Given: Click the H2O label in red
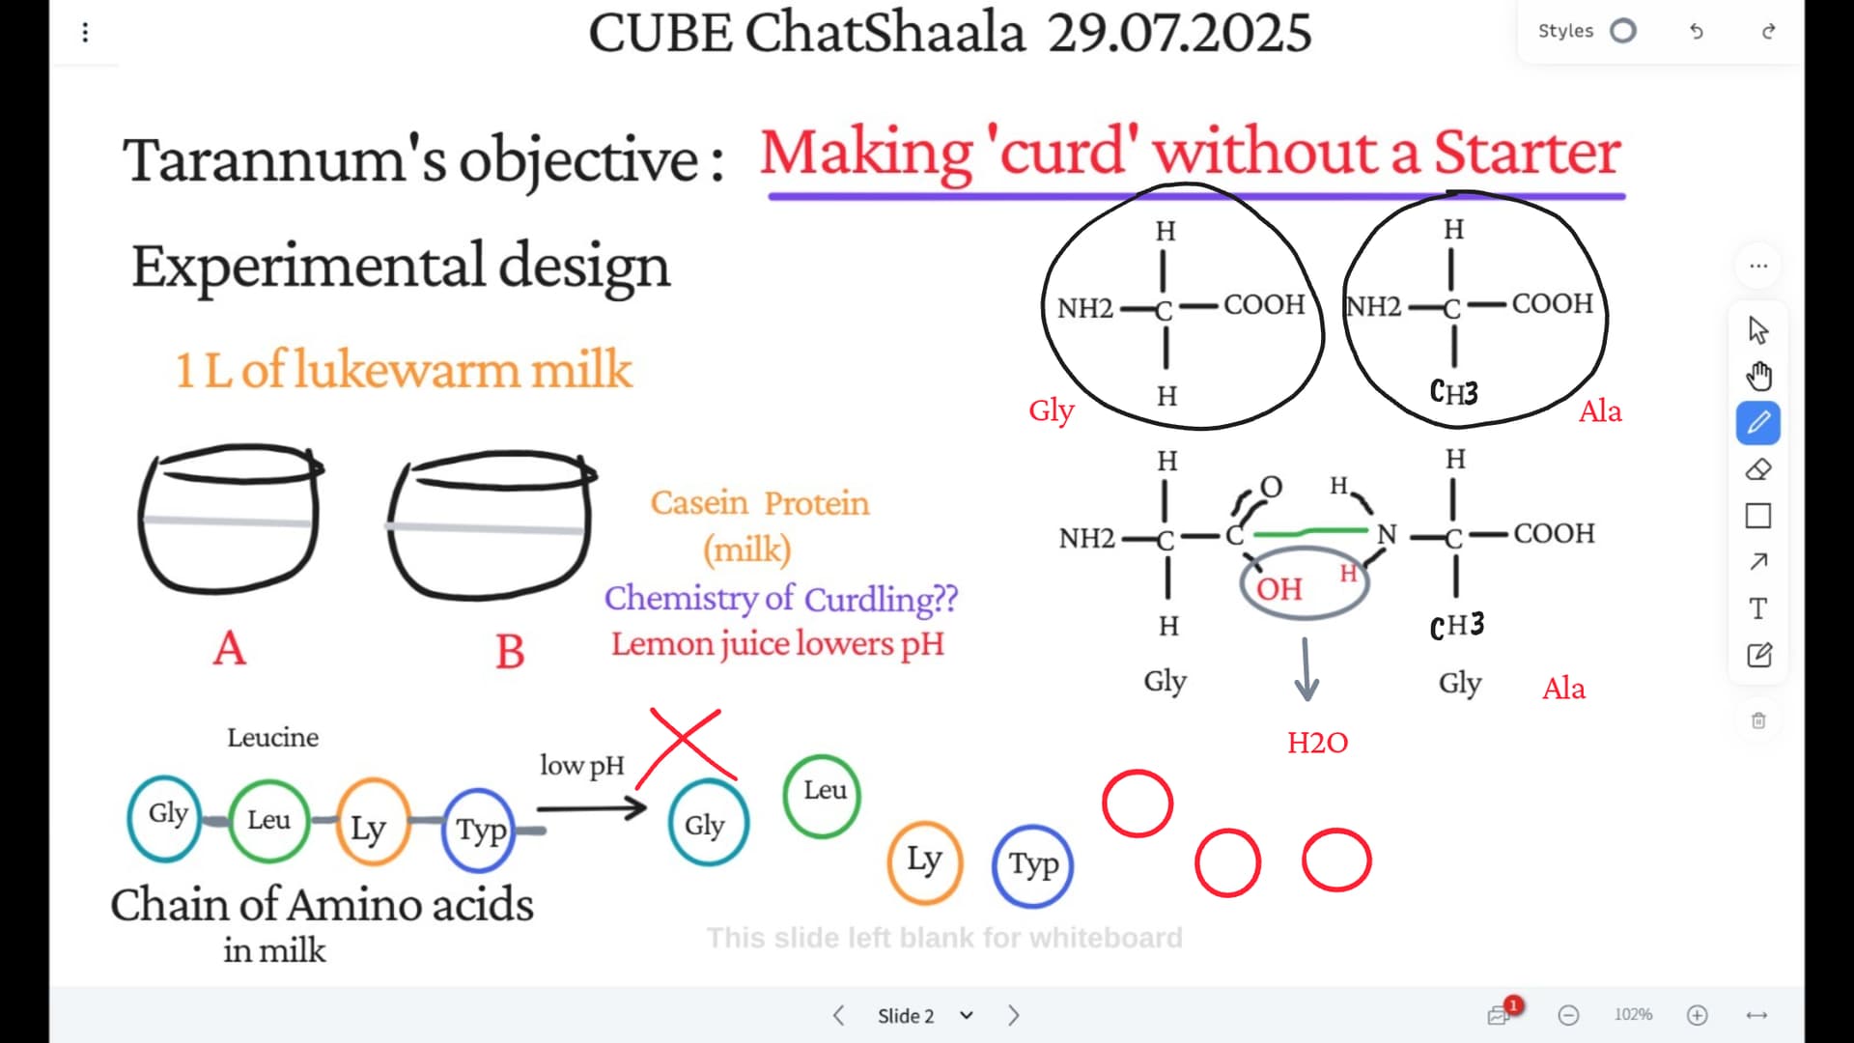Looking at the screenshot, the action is (x=1317, y=743).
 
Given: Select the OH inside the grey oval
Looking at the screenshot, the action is (x=1278, y=589).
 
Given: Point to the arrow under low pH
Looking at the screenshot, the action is (x=591, y=806).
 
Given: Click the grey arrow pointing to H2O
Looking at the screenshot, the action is (x=1306, y=668).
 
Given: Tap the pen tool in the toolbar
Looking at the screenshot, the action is (x=1758, y=423).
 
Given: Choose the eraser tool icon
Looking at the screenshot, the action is (x=1758, y=469).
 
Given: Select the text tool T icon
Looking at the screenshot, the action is (x=1758, y=609).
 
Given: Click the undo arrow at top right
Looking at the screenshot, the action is (x=1697, y=32).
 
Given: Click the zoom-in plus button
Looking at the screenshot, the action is (x=1698, y=1015).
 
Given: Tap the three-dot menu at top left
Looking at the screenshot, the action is (x=85, y=33).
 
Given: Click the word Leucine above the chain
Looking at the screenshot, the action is (x=272, y=738).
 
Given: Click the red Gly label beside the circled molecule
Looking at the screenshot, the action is (x=1052, y=410).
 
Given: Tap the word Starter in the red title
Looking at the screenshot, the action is (x=1527, y=153).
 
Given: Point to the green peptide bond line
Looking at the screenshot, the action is (x=1310, y=531).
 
